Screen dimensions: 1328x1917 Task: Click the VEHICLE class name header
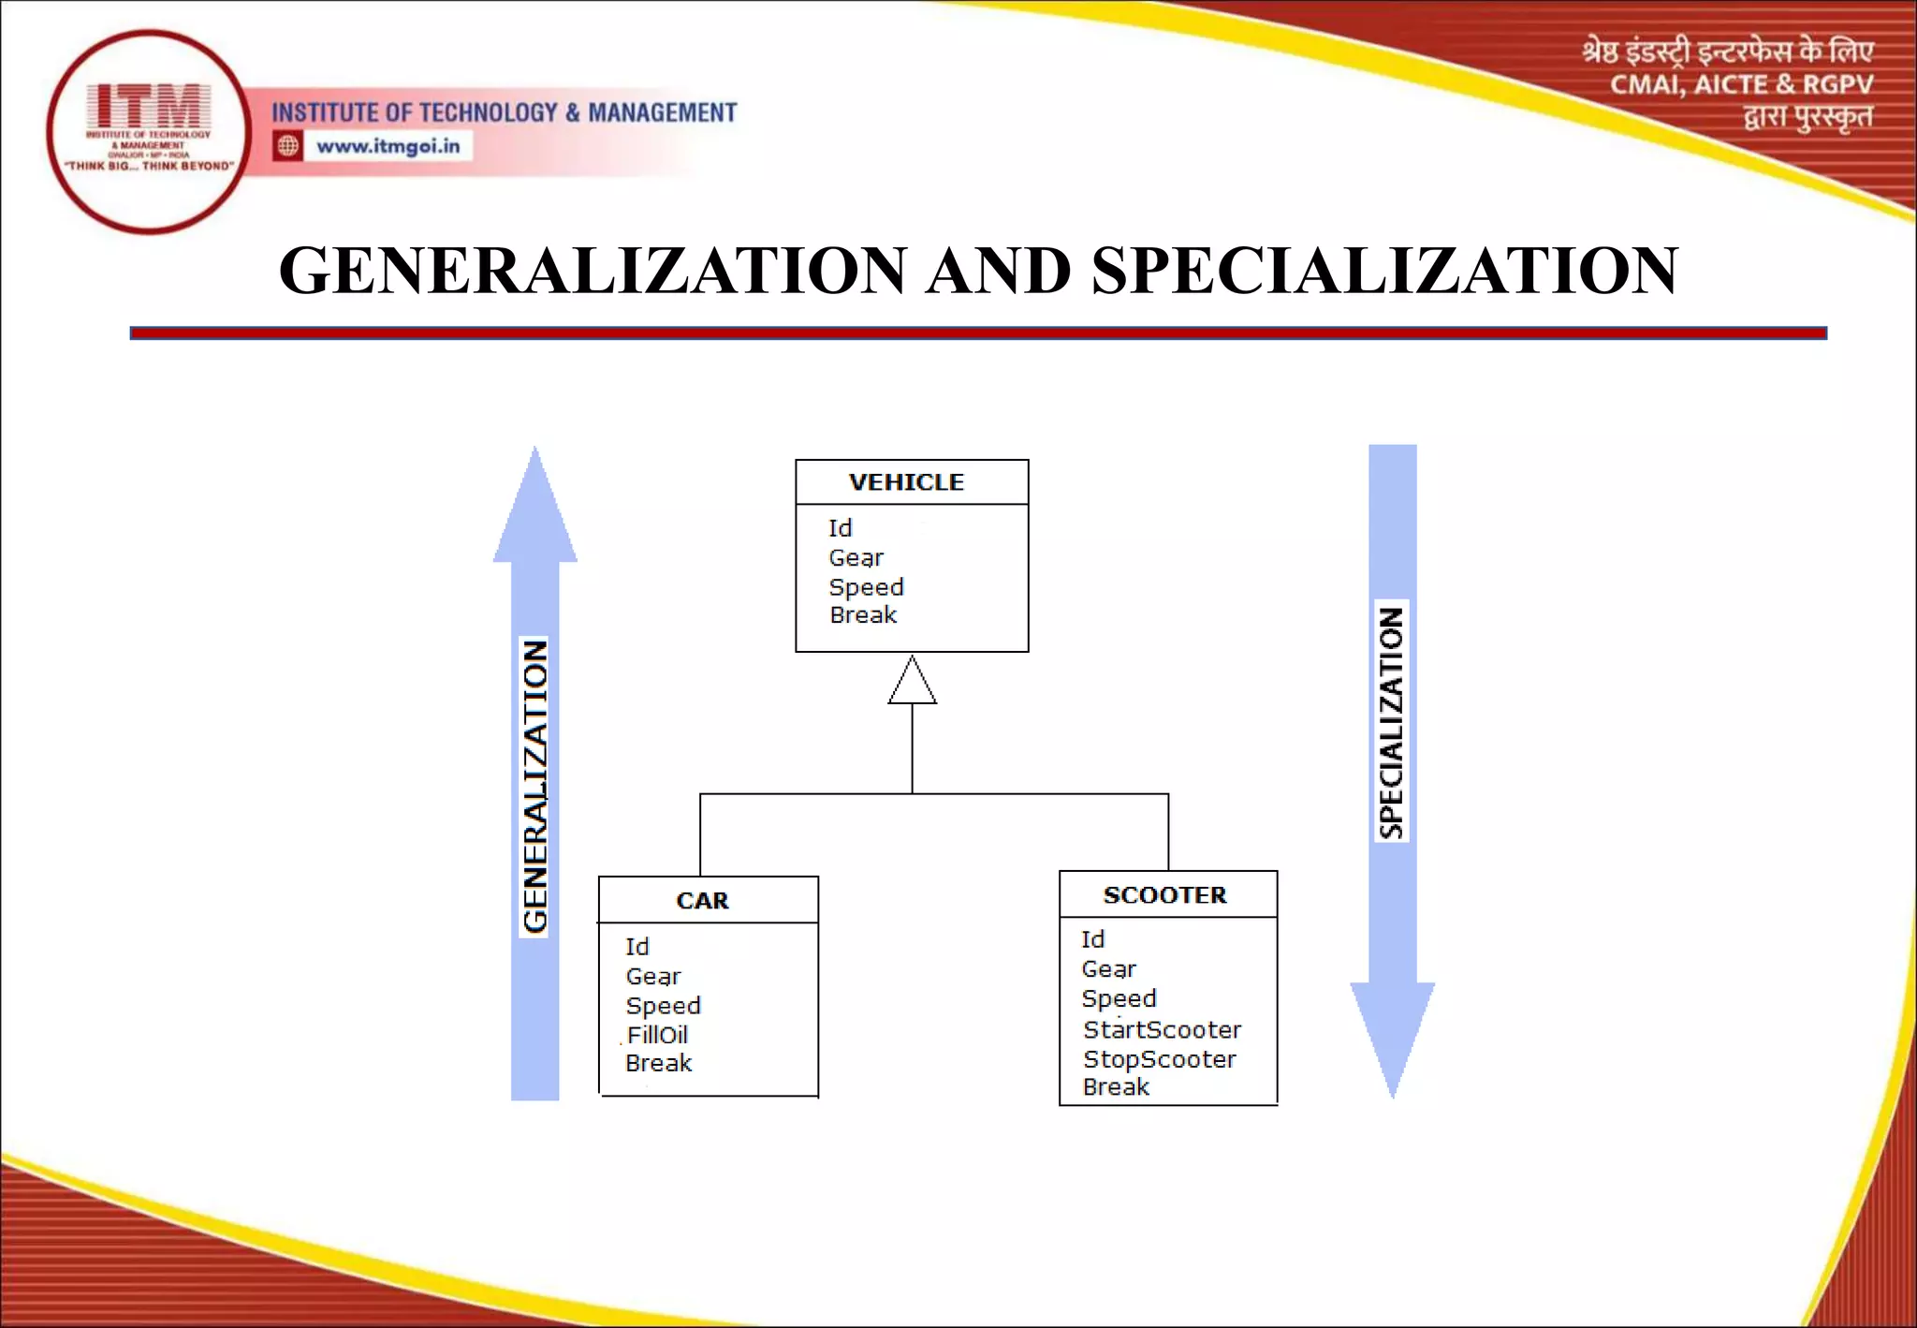906,482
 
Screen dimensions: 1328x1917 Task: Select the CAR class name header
702,901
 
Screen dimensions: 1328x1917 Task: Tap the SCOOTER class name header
1164,895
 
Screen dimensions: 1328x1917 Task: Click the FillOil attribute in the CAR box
657,1035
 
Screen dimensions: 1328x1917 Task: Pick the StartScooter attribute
1162,1029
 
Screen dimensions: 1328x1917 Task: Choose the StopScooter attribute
1159,1059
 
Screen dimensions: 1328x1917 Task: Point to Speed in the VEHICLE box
866,587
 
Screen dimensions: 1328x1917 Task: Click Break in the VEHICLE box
863,615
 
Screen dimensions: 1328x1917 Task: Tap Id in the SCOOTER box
1092,939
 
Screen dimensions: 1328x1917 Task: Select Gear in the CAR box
653,977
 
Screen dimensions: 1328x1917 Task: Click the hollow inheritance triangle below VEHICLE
912,683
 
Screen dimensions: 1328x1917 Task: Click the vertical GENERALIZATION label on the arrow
534,787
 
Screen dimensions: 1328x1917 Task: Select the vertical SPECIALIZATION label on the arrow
1392,722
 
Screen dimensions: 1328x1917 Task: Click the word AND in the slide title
998,272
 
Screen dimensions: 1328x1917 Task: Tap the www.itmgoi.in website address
388,146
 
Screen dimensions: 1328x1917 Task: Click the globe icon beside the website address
288,146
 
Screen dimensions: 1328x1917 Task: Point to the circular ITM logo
148,132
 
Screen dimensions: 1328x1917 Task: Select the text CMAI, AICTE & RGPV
1741,85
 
